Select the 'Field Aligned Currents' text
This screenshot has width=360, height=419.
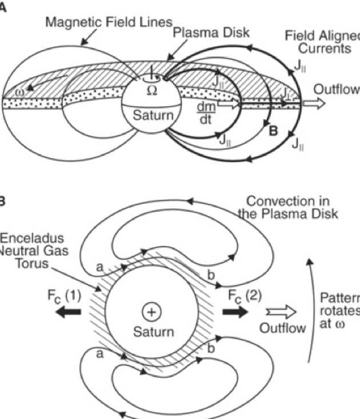point(323,43)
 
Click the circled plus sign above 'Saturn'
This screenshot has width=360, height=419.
point(151,312)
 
